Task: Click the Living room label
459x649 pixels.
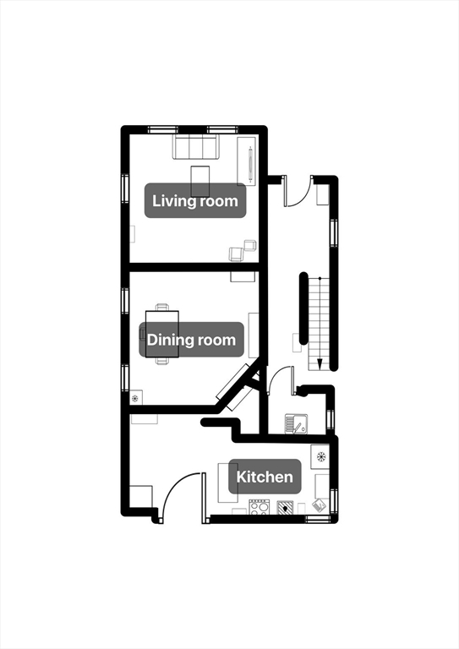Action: (195, 201)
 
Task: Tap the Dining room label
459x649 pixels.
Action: (191, 340)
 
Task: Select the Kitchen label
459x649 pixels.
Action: (265, 477)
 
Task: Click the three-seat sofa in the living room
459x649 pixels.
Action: (196, 147)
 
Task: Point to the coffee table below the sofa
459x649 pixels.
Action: (199, 182)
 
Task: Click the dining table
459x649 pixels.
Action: (162, 334)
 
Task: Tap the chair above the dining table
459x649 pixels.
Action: (162, 307)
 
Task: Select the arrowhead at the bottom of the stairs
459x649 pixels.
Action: (320, 364)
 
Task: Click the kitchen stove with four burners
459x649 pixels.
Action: (260, 507)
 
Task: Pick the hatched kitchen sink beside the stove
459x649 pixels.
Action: (285, 507)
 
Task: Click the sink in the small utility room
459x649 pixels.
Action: (296, 424)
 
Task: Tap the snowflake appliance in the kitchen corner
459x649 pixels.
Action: (320, 457)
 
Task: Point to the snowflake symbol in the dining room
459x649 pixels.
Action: (135, 399)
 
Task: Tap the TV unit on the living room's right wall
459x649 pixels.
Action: (247, 161)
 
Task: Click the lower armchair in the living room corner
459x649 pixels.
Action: (237, 254)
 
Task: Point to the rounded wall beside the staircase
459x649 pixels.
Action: (303, 308)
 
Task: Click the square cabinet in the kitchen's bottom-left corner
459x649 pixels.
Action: (140, 497)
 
